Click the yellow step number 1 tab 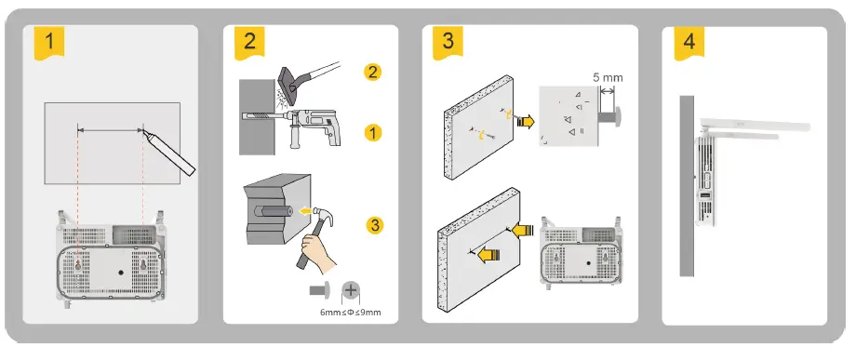click(49, 42)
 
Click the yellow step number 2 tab click(249, 42)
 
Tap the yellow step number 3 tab click(448, 42)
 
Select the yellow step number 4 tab click(689, 42)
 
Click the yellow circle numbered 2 click(372, 72)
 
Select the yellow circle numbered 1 click(372, 132)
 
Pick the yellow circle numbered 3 click(374, 225)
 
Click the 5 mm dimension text click(608, 78)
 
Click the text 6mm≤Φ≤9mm click(350, 313)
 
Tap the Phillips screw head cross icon click(351, 291)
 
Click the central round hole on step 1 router click(121, 272)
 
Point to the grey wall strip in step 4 click(687, 186)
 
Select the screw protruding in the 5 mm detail click(610, 116)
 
